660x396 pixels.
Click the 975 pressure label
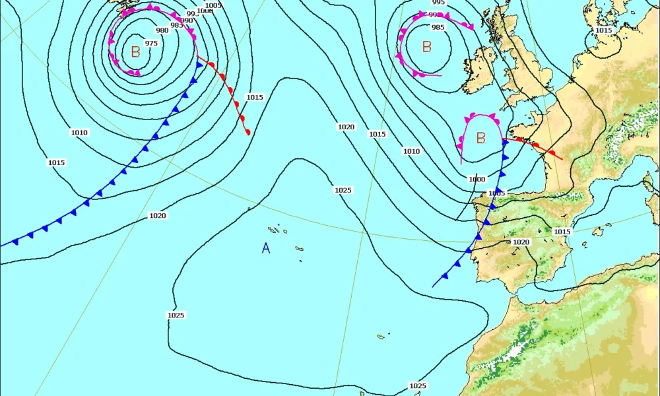152,44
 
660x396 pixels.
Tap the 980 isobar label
162,30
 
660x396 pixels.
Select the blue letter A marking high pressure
266,248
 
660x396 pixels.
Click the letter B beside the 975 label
135,52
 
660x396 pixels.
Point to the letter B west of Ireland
426,47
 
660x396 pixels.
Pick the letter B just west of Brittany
480,138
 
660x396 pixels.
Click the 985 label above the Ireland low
438,27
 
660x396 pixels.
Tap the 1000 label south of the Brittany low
477,180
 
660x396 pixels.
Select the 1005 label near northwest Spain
496,193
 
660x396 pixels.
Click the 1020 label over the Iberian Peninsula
521,242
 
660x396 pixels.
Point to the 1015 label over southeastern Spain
562,232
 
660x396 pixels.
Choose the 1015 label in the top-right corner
603,30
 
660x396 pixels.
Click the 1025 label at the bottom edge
417,385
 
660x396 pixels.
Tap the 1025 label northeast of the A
343,190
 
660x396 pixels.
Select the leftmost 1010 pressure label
79,133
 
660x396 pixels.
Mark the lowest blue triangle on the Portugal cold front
445,276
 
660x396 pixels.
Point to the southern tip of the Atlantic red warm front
248,132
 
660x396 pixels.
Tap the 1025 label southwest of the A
175,315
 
